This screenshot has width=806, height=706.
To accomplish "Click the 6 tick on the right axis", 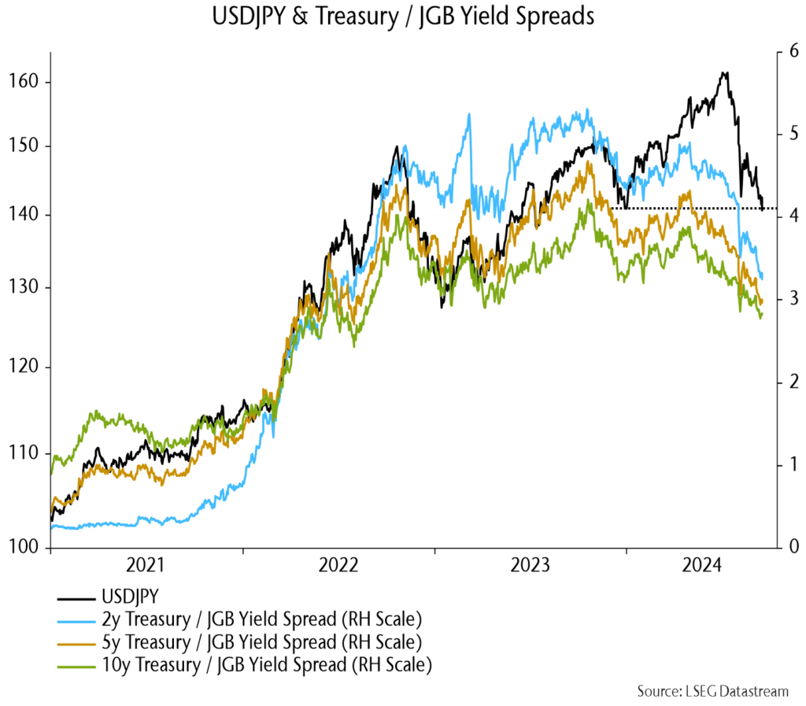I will [791, 53].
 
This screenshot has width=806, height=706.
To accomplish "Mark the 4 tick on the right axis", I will [791, 216].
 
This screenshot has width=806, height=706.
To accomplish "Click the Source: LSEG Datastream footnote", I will [712, 691].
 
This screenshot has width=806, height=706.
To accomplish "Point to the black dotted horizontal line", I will [693, 209].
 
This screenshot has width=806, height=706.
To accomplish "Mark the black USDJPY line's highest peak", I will [725, 72].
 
